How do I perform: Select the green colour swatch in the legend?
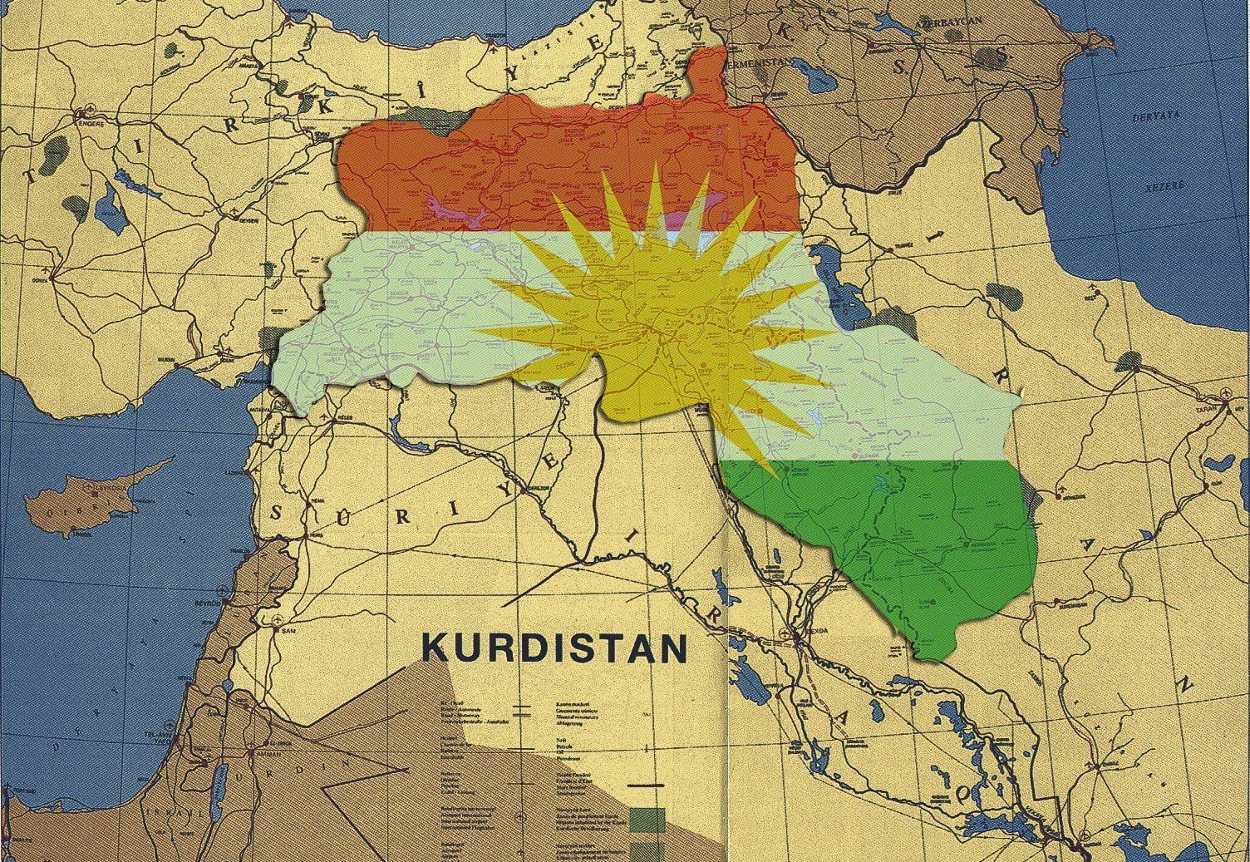[648, 798]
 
